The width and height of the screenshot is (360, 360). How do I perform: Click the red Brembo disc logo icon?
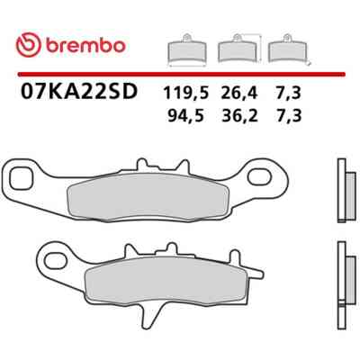[28, 45]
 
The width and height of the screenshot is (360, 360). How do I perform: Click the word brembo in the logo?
[85, 46]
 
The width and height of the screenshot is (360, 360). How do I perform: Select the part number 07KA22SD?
[78, 91]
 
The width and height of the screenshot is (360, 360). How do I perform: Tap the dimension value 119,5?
[185, 94]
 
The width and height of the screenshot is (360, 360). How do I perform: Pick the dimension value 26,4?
[239, 94]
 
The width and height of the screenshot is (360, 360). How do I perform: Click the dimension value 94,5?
[186, 115]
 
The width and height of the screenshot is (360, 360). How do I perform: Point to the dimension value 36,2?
[239, 115]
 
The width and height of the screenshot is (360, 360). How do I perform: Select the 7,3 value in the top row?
[289, 94]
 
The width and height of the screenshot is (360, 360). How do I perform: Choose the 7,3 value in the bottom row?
[289, 115]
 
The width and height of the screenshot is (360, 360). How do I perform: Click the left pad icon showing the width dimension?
[186, 50]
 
